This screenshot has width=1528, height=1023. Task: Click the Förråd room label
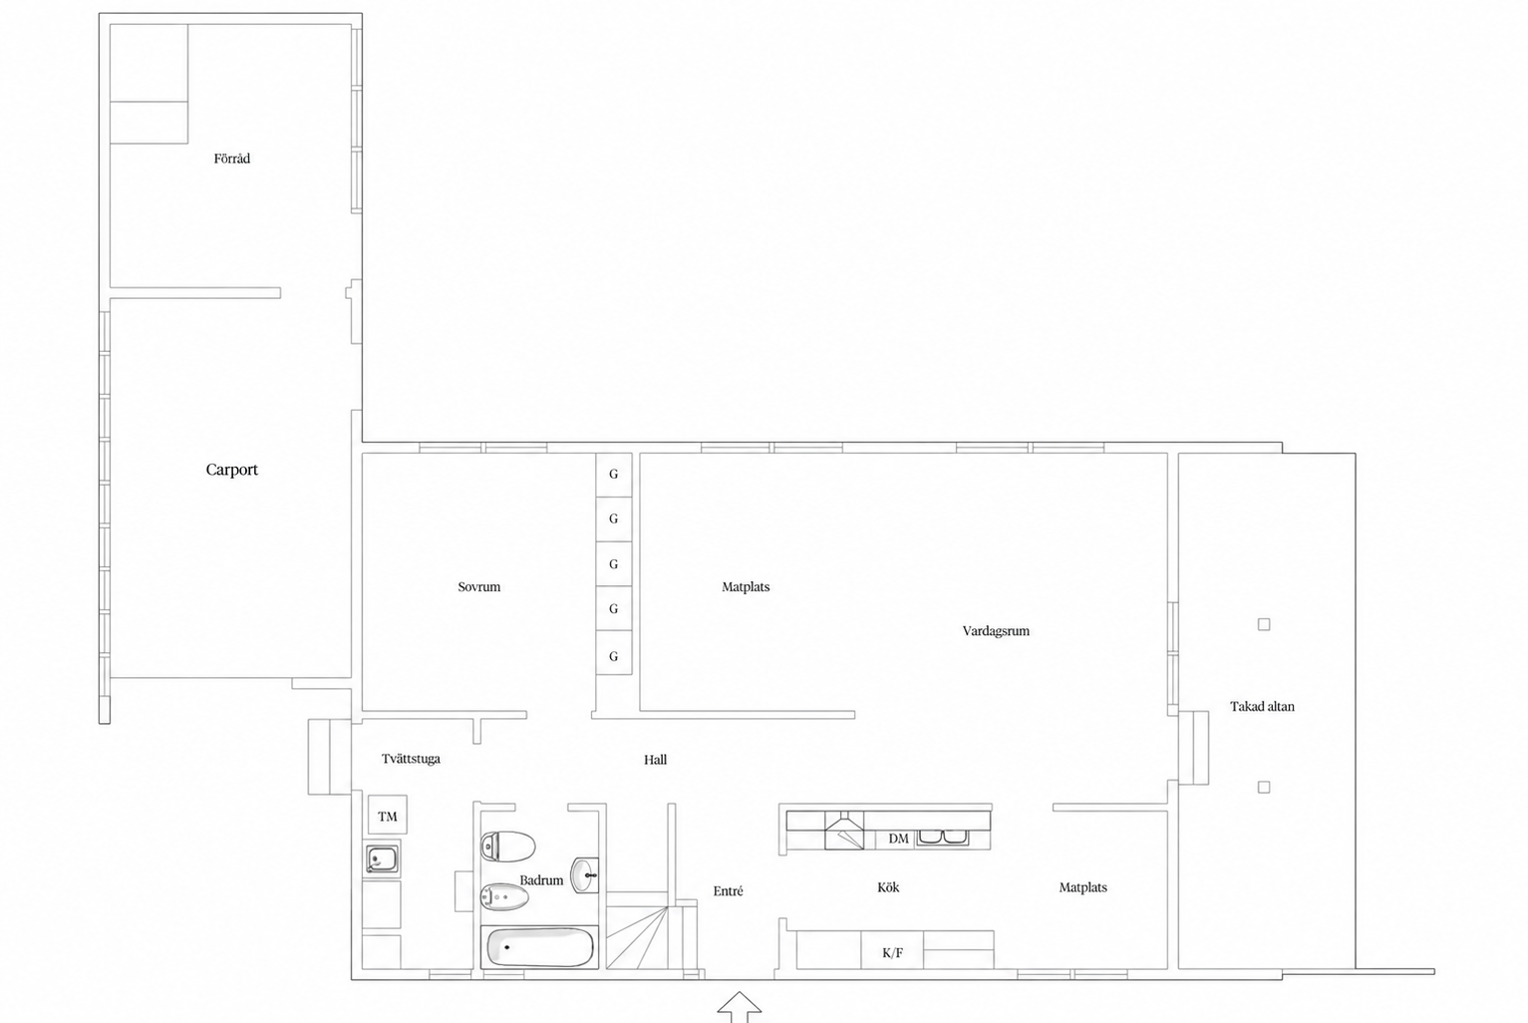tap(232, 159)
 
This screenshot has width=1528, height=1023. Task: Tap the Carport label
tap(232, 470)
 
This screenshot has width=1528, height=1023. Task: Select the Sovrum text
tap(478, 587)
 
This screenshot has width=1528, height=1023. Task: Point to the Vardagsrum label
tap(996, 631)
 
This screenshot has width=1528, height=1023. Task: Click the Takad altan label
tap(1262, 706)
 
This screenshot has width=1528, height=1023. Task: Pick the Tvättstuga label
tap(411, 759)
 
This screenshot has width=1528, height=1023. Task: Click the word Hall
tap(656, 760)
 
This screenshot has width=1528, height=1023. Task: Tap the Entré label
tap(728, 890)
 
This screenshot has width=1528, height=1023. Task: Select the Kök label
tap(888, 887)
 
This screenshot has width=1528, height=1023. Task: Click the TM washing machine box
tap(388, 815)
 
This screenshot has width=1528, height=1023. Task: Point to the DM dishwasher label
tap(898, 839)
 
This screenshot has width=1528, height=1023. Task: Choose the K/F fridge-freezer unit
tap(893, 950)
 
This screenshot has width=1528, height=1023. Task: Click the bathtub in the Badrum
tap(539, 947)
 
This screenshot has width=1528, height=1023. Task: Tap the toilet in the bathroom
tap(507, 847)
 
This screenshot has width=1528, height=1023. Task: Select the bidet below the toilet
tap(504, 896)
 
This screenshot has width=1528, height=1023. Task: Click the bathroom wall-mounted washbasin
tap(585, 874)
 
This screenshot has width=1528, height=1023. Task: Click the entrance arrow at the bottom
tap(740, 1007)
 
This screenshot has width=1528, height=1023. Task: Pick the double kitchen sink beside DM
tap(942, 839)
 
